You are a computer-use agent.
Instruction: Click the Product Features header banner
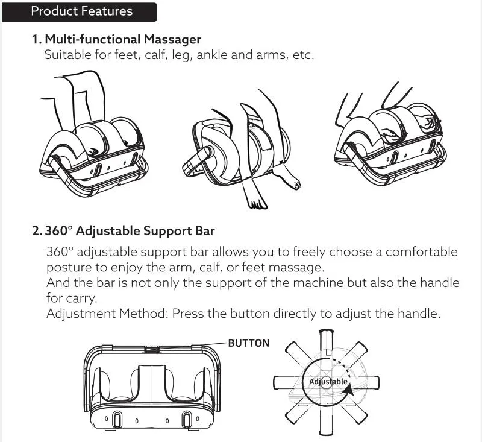(81, 11)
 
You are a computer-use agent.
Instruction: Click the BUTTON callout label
(249, 343)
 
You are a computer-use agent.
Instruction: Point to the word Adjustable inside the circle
(328, 382)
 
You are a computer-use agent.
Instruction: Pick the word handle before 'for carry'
(440, 283)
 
